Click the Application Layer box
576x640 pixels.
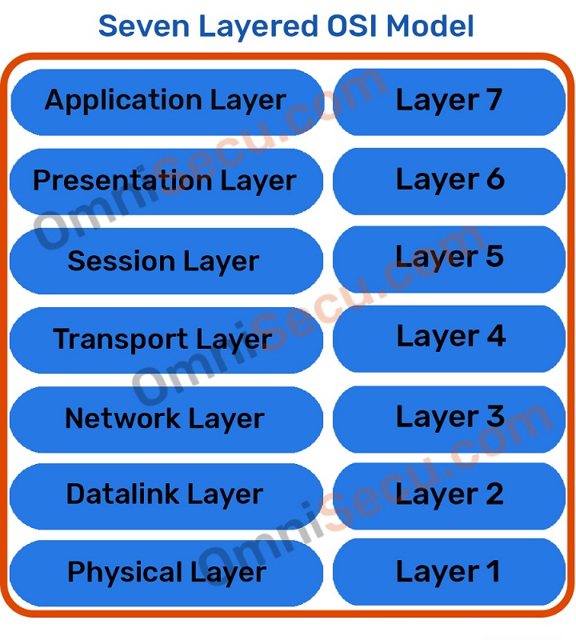(166, 102)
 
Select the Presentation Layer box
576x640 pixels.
(166, 181)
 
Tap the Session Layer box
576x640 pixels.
(166, 261)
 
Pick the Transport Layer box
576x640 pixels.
(166, 339)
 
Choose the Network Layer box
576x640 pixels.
(166, 418)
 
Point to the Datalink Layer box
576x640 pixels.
(166, 494)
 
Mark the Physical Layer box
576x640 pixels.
(166, 573)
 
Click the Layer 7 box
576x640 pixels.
(449, 101)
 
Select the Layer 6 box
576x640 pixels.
(449, 180)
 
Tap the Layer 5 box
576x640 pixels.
(449, 258)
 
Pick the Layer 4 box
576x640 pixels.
(449, 337)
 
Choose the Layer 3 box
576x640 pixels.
(449, 417)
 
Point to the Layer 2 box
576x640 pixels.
(449, 494)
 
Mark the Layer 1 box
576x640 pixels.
(449, 572)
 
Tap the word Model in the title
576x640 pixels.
(430, 26)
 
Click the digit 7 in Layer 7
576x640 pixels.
(493, 101)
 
